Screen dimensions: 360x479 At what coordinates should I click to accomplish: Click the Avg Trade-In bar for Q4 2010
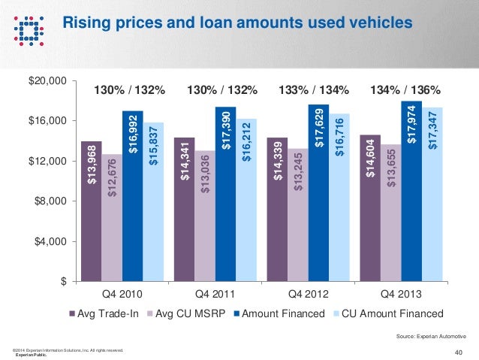coord(91,210)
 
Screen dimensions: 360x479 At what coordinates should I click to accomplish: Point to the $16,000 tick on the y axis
coord(47,121)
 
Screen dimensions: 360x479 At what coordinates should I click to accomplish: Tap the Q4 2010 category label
coord(122,293)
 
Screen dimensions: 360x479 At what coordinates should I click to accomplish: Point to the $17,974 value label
coord(411,124)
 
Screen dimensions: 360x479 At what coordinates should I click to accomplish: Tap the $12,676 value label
coord(112,177)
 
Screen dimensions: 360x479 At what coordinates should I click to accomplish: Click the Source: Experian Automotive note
coord(430,336)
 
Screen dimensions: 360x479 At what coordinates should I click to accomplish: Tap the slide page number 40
coord(459,352)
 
